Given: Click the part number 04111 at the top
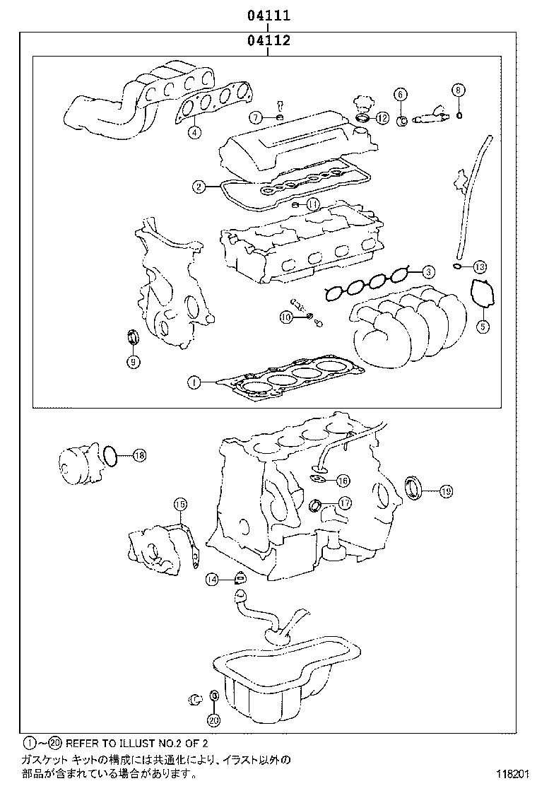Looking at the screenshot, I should tap(268, 15).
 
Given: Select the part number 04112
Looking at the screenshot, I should tap(268, 41).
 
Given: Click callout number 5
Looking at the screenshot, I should tap(482, 326).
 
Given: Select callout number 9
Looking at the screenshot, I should tap(133, 362).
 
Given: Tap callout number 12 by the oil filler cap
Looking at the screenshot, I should tap(382, 118).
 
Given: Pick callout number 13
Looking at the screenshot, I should tap(480, 266).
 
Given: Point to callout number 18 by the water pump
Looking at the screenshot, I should tap(138, 455).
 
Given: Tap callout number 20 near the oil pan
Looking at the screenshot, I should tap(214, 720).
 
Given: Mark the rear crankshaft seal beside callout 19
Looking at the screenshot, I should tap(414, 488).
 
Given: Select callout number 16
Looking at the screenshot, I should tap(343, 481).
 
